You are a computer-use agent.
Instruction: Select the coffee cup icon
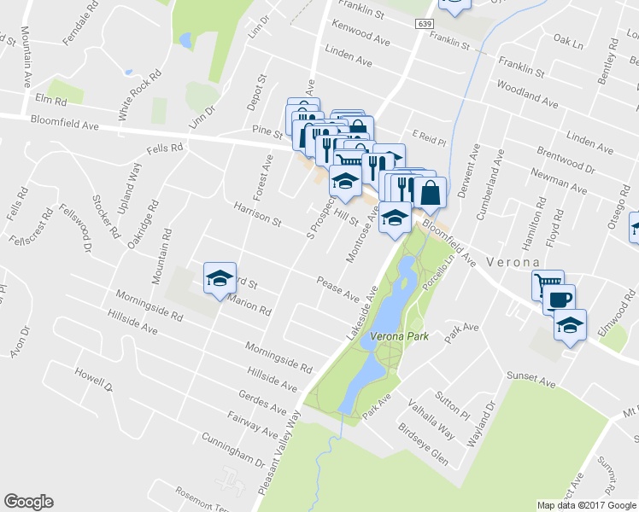(560, 300)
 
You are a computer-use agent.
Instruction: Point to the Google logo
(28, 502)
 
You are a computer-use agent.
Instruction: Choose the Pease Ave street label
(338, 288)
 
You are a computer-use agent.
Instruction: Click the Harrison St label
(258, 215)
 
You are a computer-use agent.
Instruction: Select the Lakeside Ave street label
(362, 315)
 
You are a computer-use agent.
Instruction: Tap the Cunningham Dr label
(232, 450)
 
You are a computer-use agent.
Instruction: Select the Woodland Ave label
(527, 95)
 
